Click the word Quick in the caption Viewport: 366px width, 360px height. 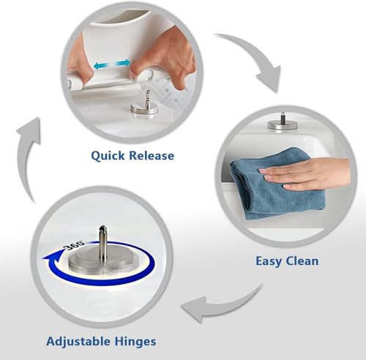pyautogui.click(x=108, y=156)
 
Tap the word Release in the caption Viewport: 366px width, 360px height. pyautogui.click(x=152, y=155)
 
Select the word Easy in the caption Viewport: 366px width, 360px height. pyautogui.click(x=269, y=261)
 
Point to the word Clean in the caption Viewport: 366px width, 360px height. pyautogui.click(x=302, y=260)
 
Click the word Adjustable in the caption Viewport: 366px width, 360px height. pyautogui.click(x=78, y=342)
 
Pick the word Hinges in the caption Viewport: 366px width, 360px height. pyautogui.click(x=135, y=342)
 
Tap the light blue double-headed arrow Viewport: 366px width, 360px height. pyautogui.click(x=112, y=64)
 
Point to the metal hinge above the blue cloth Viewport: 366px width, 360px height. pyautogui.click(x=283, y=122)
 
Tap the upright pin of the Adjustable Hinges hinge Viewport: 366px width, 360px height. pyautogui.click(x=102, y=241)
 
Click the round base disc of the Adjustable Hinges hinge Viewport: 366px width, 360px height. pyautogui.click(x=102, y=261)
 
